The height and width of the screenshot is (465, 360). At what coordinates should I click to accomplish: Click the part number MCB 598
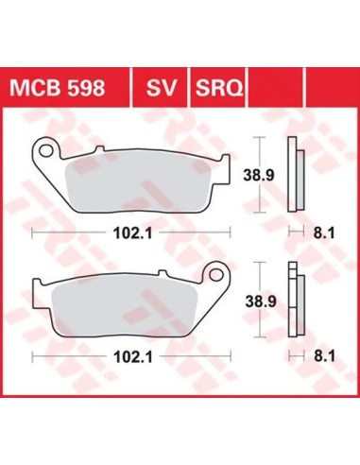pos(57,88)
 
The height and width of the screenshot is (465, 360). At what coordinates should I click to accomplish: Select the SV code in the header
pos(161,88)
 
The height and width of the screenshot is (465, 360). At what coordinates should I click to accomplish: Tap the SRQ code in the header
pos(219,88)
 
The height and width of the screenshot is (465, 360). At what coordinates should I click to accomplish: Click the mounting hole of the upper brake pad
pos(46,150)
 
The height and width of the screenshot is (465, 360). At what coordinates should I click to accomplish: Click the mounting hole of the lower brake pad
pos(216,274)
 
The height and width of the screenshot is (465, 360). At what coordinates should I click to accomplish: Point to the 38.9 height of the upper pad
pos(259,175)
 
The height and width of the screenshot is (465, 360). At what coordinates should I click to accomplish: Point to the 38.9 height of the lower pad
pos(261,301)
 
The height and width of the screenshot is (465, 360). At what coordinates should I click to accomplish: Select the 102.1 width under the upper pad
pos(132,233)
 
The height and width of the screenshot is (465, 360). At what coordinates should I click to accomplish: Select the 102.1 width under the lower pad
pos(132,357)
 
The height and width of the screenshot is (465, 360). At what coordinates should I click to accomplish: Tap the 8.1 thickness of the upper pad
pos(324,233)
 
